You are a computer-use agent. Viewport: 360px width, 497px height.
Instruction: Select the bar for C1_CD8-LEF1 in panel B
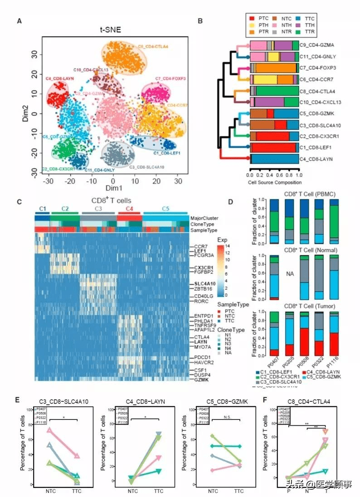pos(274,147)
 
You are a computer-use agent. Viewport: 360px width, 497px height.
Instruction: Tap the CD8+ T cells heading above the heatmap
pos(112,201)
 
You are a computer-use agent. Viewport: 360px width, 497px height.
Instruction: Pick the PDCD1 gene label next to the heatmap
pos(199,358)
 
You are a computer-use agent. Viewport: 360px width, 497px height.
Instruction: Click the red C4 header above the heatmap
pos(129,209)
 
